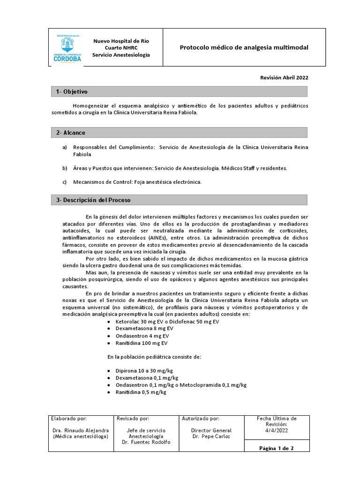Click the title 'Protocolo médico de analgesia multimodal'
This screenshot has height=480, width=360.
pos(244,48)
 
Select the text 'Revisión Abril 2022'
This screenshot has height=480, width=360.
pos(285,78)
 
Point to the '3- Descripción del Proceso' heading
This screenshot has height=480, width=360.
pos(93,200)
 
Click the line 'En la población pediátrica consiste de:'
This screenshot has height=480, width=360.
pos(154,357)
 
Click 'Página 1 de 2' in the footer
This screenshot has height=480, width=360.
pos(277,448)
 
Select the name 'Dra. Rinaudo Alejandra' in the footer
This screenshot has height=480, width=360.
pos(81,430)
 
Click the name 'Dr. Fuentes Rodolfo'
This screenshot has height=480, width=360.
pos(146,442)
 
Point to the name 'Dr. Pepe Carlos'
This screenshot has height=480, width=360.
pos(211,436)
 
